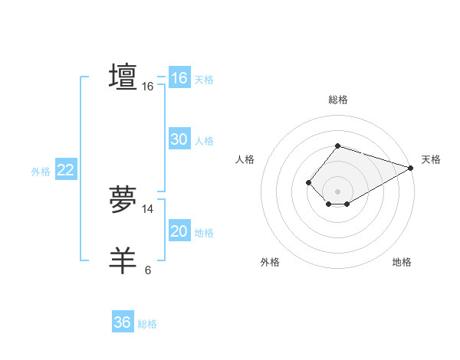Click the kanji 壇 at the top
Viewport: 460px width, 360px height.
point(123,77)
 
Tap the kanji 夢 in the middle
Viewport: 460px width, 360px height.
point(123,201)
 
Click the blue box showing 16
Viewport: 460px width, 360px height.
point(179,78)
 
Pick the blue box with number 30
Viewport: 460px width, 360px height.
point(179,139)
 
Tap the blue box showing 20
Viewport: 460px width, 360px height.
point(179,231)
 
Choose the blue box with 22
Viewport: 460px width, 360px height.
point(65,170)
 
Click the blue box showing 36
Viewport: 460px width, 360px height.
point(122,322)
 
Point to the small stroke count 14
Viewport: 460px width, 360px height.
point(148,209)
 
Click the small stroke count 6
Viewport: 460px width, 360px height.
point(148,270)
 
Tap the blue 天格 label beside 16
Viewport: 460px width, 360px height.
point(204,80)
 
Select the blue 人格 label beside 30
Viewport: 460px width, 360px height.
point(204,141)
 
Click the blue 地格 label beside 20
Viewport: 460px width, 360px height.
point(204,233)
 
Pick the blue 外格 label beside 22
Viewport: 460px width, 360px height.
point(41,172)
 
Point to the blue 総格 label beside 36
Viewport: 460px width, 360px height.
point(147,324)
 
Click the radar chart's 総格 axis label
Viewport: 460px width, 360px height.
point(337,100)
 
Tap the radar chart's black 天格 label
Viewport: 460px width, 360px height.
point(431,159)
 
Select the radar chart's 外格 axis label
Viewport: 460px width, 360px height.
point(270,262)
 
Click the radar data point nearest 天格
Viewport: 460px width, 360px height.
point(412,168)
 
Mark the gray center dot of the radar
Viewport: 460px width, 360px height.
point(337,191)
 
